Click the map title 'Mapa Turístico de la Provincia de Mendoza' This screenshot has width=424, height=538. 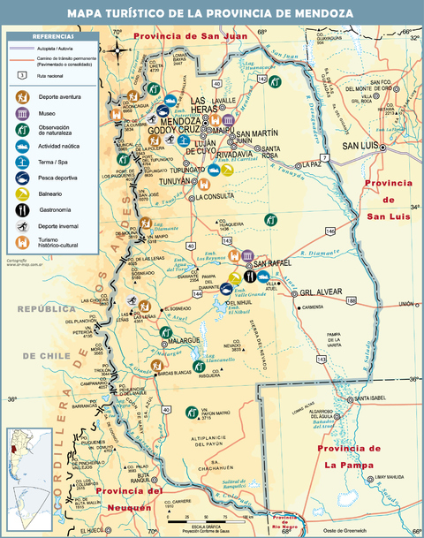212,13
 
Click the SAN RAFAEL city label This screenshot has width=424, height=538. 275,263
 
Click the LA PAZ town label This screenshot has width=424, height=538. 310,164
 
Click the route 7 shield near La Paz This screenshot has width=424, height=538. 324,156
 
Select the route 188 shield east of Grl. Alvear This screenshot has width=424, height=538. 351,301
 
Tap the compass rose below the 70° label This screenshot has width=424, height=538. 117,49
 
